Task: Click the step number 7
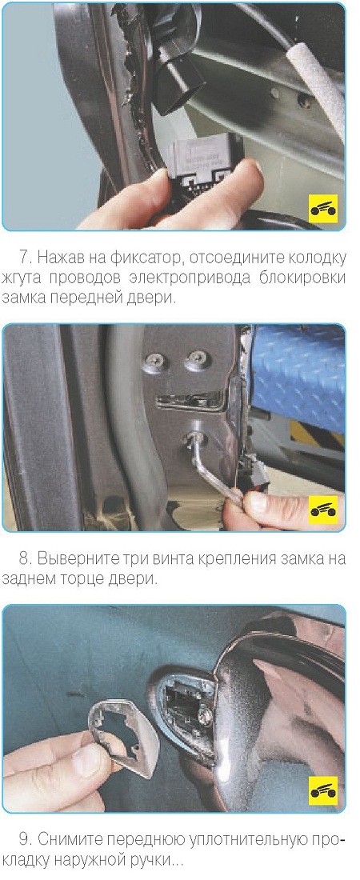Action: (x=23, y=258)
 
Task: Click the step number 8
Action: (x=23, y=559)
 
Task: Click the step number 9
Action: (x=23, y=839)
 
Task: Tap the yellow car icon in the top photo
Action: (x=323, y=209)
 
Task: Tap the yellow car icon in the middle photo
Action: (x=323, y=510)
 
